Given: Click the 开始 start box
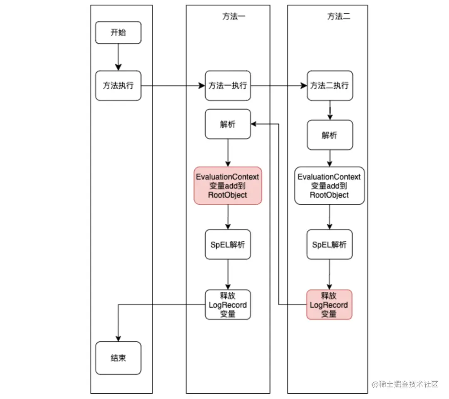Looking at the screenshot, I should [x=118, y=33].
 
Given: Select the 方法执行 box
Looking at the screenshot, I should [x=118, y=86].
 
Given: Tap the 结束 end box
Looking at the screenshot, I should [x=118, y=358].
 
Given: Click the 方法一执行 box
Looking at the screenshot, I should [x=228, y=86].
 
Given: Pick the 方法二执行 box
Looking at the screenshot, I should [x=330, y=86].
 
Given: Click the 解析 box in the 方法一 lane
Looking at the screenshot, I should [x=228, y=124].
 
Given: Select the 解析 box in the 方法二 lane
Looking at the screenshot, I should [x=330, y=135].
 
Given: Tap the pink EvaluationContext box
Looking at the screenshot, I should [x=228, y=186].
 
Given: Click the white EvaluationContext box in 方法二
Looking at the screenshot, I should [x=330, y=186].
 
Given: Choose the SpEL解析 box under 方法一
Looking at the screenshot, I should [x=228, y=245].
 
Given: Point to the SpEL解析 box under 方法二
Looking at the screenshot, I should [x=330, y=245].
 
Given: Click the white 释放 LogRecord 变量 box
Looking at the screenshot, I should [x=228, y=305].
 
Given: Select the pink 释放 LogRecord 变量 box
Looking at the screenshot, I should [x=330, y=305].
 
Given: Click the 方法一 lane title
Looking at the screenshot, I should [x=234, y=17].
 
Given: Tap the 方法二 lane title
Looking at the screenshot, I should [x=339, y=17].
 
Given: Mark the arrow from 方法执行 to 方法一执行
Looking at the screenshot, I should [x=173, y=86].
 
